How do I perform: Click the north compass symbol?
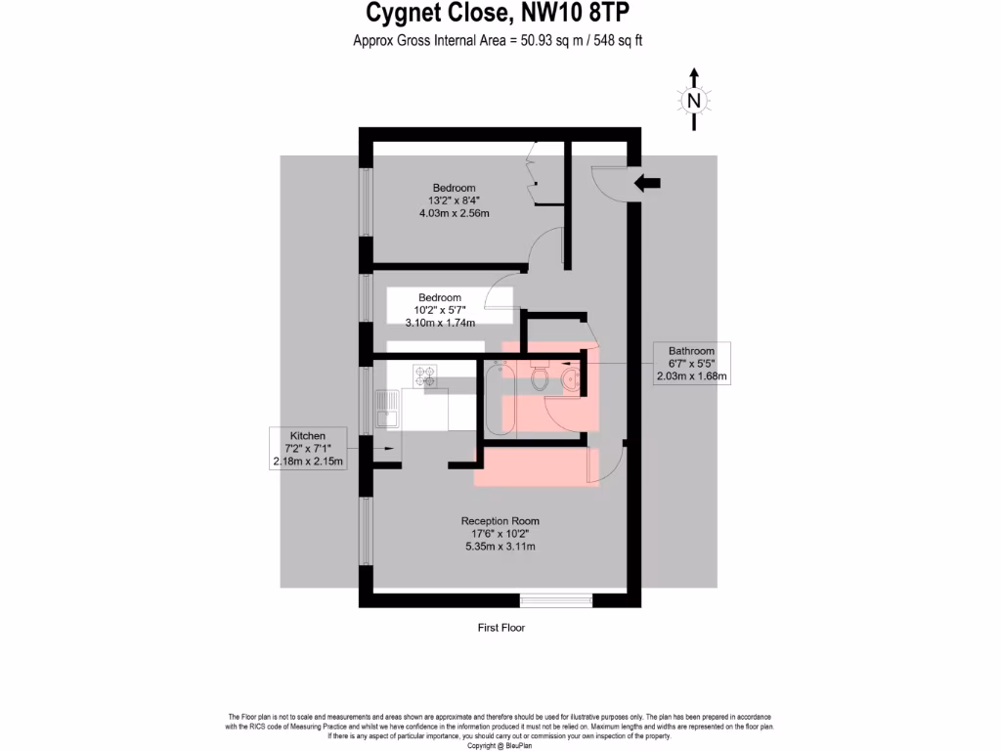click(x=694, y=100)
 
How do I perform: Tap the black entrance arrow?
click(x=647, y=183)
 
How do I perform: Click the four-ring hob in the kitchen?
click(x=425, y=376)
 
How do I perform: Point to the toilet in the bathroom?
click(x=540, y=377)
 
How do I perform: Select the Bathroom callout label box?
click(x=691, y=363)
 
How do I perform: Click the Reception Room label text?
click(x=500, y=521)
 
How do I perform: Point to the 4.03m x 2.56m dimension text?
click(x=454, y=213)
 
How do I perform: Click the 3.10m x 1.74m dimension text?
click(x=440, y=323)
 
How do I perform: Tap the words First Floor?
click(x=500, y=628)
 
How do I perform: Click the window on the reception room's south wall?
click(x=555, y=598)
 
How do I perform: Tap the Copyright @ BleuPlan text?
click(x=500, y=746)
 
